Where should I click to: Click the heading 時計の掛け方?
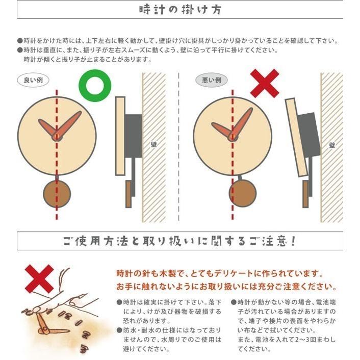click(180, 10)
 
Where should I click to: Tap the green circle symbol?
click(94, 85)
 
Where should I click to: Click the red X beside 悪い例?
click(265, 83)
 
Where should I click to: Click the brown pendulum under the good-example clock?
click(57, 192)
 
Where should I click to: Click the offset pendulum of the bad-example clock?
click(242, 193)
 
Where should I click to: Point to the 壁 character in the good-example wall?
click(154, 144)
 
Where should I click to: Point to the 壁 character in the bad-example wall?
click(332, 144)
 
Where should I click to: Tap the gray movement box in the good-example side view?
click(134, 135)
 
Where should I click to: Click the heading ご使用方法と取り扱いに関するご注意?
click(180, 241)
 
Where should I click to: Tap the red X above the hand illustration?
click(39, 278)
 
